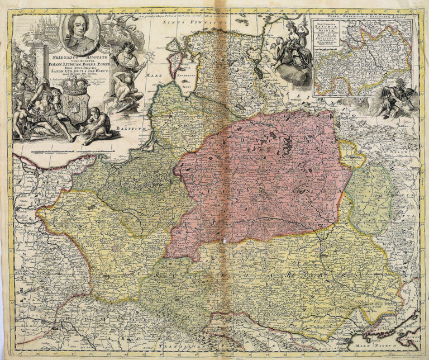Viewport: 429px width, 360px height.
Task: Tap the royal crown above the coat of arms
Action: tap(75, 86)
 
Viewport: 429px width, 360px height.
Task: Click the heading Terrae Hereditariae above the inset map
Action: tap(363, 17)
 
